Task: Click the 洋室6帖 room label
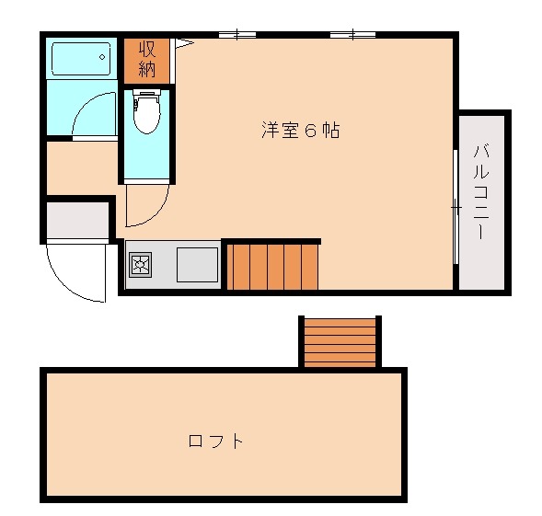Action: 300,131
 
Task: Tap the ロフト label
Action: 215,441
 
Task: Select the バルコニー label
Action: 481,192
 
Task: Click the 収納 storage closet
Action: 146,61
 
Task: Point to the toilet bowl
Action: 147,115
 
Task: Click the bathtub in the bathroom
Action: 81,59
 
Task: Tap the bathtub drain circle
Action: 102,57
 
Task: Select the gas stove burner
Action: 141,265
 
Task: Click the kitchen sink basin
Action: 197,265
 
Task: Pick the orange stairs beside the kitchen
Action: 272,267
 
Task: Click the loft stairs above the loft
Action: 340,343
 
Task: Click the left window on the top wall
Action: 237,35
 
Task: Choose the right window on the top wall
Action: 353,35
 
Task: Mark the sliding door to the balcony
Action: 456,207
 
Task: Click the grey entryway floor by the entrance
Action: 78,220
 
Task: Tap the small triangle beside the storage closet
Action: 184,43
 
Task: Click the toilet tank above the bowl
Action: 147,92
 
